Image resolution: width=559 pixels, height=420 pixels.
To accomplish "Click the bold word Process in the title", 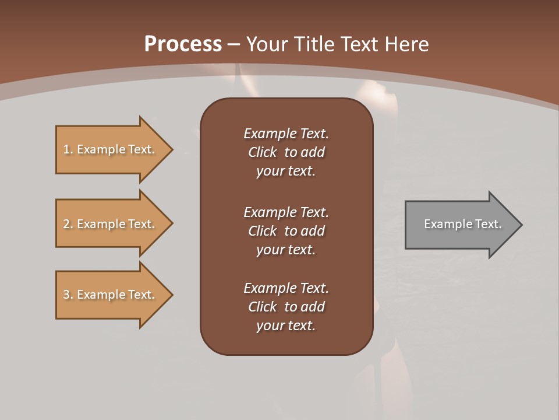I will pyautogui.click(x=183, y=44).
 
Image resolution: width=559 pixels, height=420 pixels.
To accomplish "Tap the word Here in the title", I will pyautogui.click(x=407, y=44).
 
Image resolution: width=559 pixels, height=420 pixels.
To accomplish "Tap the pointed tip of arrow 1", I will pyautogui.click(x=172, y=149).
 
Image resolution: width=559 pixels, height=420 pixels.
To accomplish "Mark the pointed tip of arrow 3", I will pyautogui.click(x=172, y=295).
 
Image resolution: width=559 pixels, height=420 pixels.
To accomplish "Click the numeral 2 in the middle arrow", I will pyautogui.click(x=66, y=224).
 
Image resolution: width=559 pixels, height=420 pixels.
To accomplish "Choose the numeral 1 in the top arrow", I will pyautogui.click(x=66, y=149).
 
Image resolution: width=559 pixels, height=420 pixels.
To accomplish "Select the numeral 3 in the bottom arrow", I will pyautogui.click(x=66, y=295).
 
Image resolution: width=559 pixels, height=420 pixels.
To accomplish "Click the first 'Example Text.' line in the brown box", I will pyautogui.click(x=286, y=134).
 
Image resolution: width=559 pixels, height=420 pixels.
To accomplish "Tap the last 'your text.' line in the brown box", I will pyautogui.click(x=286, y=325).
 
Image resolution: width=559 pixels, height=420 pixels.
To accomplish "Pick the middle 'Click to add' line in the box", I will pyautogui.click(x=286, y=231).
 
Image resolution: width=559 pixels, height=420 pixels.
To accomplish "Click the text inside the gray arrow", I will pyautogui.click(x=462, y=224).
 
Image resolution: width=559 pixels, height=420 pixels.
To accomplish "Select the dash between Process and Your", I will pyautogui.click(x=233, y=44).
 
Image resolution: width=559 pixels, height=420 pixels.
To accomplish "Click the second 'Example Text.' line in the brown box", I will pyautogui.click(x=286, y=212).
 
